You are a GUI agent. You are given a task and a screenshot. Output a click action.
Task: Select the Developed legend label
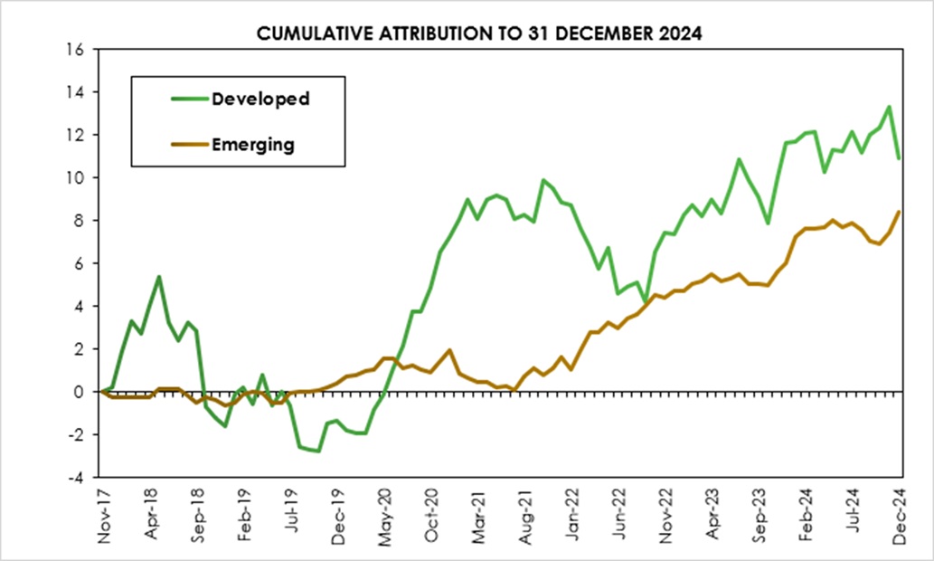(x=260, y=99)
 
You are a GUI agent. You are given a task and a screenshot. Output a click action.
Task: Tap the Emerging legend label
(x=253, y=144)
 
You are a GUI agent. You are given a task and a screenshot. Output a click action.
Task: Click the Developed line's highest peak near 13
(x=889, y=107)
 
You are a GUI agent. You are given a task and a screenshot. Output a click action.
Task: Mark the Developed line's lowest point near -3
(x=318, y=451)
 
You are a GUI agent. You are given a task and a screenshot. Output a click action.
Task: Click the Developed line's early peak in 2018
(x=159, y=277)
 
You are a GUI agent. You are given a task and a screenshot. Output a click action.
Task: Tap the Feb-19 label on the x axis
(x=243, y=516)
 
